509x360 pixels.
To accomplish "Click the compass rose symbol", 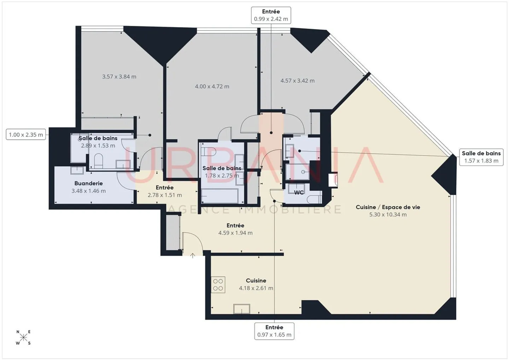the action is point(23,338).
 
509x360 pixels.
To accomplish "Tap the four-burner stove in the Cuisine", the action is point(218,285).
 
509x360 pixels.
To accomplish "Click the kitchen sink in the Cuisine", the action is point(241,309).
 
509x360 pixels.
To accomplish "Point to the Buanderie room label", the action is point(89,183).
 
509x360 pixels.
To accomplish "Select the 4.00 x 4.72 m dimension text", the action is point(212,86).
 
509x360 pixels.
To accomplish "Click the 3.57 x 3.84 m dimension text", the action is point(119,77).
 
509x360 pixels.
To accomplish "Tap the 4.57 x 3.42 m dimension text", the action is point(298,81).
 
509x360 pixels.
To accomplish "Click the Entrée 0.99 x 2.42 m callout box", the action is point(271,15).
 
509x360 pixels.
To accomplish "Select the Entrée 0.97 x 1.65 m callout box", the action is point(274,331).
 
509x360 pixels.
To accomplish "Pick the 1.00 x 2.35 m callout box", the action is point(26,135).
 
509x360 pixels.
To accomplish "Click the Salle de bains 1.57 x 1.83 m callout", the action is point(481,157).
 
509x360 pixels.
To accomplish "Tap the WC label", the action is point(299,193).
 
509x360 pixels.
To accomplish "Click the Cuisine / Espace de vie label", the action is point(388,207).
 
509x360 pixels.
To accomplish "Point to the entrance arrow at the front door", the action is point(193,256).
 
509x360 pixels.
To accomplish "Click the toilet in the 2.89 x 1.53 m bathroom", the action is point(98,161).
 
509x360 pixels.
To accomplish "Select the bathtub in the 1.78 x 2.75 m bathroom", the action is point(220,196).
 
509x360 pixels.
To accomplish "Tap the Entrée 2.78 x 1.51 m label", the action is point(165,191).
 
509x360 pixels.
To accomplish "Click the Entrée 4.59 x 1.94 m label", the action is point(235,229).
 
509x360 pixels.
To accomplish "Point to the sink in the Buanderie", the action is point(77,171).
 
